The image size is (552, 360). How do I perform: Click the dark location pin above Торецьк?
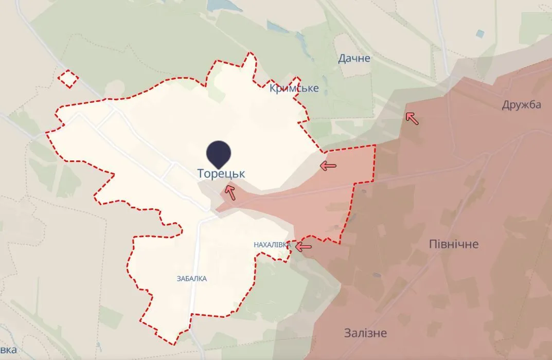point(219,153)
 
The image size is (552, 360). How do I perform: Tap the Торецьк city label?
point(221,174)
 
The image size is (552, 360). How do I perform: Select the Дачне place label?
point(354,58)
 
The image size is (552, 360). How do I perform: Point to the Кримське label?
point(294,88)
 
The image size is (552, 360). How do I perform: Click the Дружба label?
point(522,105)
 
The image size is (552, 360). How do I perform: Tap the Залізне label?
point(366,333)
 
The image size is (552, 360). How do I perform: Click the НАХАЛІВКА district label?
point(272,245)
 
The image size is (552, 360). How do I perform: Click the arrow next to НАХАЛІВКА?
point(303,247)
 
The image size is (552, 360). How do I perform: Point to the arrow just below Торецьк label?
point(229,192)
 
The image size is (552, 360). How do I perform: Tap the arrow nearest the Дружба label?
point(412,119)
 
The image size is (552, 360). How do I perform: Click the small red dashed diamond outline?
point(68,79)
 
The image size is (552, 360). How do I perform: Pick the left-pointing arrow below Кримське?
point(328,166)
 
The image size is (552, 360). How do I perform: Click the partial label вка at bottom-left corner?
point(8,351)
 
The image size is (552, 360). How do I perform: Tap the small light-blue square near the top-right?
point(480,33)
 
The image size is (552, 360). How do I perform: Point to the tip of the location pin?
point(219,168)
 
